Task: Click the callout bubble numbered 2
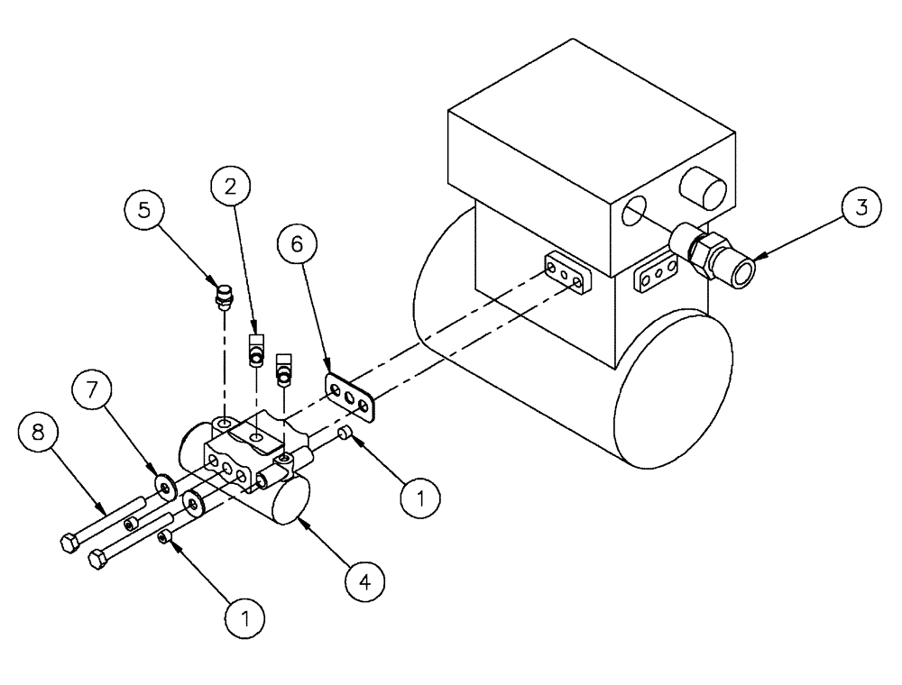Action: [231, 187]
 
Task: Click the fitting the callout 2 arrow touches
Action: [256, 348]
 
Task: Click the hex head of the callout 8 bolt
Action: [69, 544]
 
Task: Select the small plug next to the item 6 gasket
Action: [345, 435]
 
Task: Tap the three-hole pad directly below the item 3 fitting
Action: [658, 275]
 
